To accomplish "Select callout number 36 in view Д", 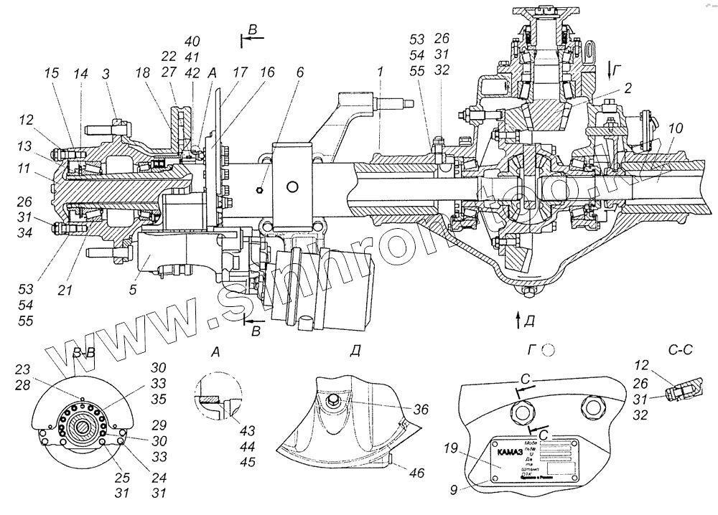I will [x=421, y=409].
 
